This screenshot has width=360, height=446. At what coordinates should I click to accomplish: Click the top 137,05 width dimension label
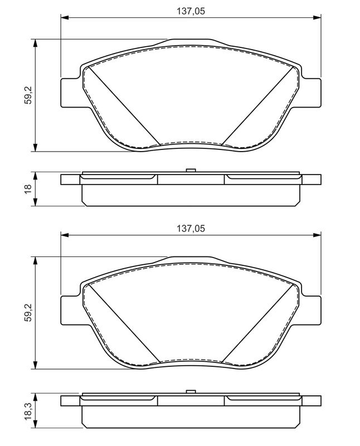[x=191, y=11]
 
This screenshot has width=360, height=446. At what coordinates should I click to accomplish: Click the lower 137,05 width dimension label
[x=191, y=229]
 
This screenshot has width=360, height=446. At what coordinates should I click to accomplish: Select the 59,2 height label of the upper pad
[x=28, y=95]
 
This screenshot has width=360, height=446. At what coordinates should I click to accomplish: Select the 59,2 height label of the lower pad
[x=28, y=313]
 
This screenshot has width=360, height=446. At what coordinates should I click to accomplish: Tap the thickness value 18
[x=28, y=189]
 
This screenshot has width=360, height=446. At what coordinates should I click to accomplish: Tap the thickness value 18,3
[x=28, y=411]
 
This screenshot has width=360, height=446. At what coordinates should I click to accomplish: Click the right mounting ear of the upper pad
[x=311, y=93]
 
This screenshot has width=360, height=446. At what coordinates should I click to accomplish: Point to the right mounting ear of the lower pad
[x=311, y=311]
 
